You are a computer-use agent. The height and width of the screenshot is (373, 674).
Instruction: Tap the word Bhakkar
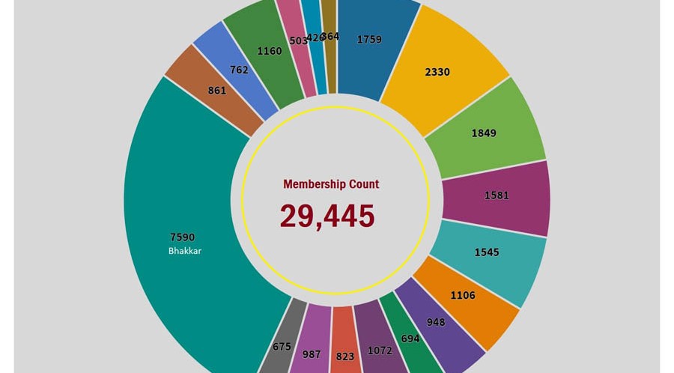[x=184, y=251]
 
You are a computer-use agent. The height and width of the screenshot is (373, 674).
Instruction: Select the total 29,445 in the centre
[x=327, y=216]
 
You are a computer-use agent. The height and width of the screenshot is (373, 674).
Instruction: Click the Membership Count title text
[x=331, y=184]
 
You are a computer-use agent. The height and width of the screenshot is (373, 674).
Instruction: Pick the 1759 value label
[x=370, y=40]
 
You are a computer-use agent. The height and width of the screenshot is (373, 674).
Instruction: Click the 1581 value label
[x=496, y=195]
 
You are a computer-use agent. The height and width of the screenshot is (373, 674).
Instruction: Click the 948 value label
[x=435, y=322]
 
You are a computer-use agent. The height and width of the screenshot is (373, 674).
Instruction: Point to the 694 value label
[x=410, y=339]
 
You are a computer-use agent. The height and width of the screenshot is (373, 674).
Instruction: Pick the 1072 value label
[x=380, y=350]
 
